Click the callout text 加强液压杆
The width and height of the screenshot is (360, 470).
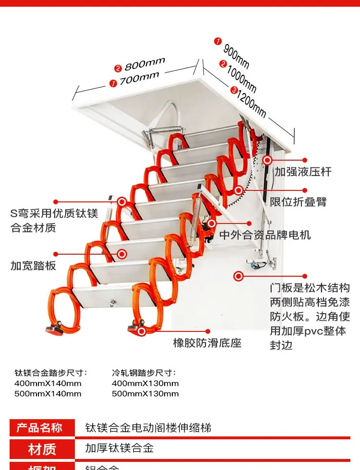(303, 171)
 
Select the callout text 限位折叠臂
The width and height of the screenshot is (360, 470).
(298, 201)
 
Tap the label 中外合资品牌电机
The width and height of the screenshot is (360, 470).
(265, 235)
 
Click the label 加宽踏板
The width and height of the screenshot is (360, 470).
(34, 265)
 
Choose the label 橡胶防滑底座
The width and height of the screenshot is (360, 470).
(207, 342)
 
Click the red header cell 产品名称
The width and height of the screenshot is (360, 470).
(42, 427)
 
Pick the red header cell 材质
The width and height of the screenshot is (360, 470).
(42, 449)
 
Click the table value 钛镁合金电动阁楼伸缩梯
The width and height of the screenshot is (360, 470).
(148, 427)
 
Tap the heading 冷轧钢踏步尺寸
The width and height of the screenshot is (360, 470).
(144, 373)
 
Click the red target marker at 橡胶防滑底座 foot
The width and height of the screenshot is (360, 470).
(142, 330)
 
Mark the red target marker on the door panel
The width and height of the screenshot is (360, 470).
(238, 276)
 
